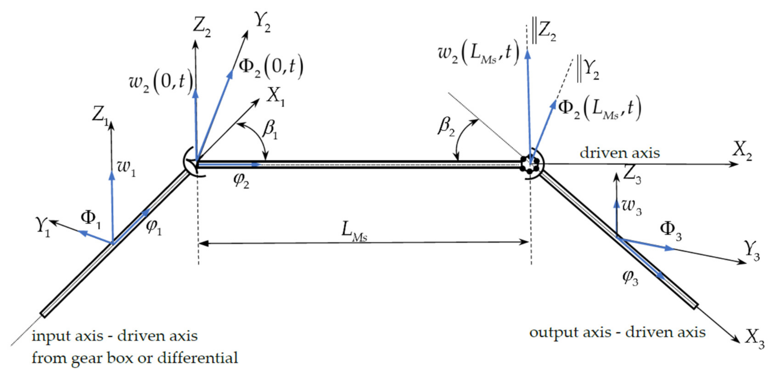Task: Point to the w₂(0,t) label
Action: tap(160, 83)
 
